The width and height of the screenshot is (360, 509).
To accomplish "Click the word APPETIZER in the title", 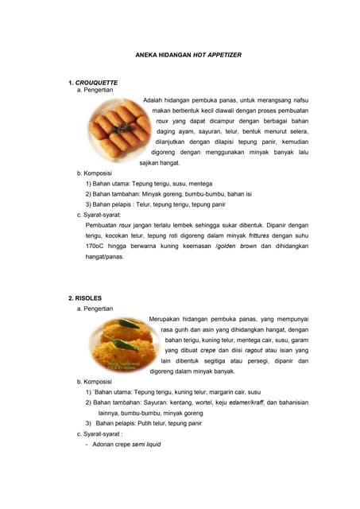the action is pyautogui.click(x=223, y=54).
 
